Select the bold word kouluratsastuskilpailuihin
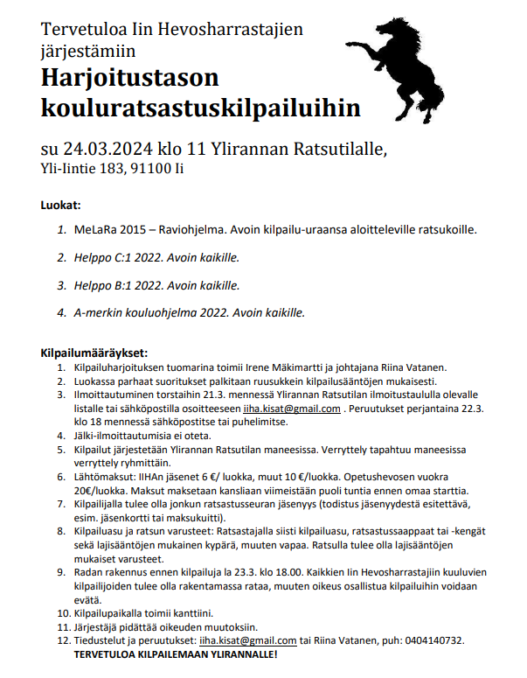pyautogui.click(x=200, y=108)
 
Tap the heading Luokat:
pyautogui.click(x=60, y=206)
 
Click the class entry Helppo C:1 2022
pyautogui.click(x=114, y=259)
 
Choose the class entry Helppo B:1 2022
pyautogui.click(x=114, y=285)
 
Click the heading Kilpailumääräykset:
pyautogui.click(x=94, y=353)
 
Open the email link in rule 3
pyautogui.click(x=292, y=409)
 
